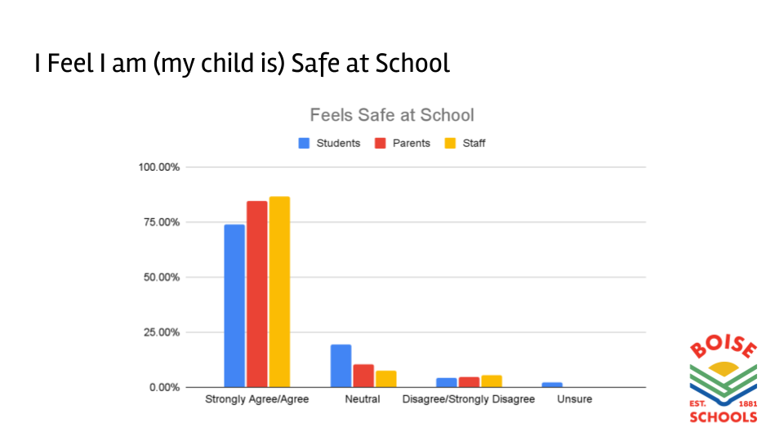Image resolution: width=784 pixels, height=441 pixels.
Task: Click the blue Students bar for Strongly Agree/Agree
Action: (234, 305)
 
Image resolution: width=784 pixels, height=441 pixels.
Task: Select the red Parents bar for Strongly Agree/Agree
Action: (257, 293)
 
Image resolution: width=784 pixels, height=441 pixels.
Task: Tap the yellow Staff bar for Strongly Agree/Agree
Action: (279, 291)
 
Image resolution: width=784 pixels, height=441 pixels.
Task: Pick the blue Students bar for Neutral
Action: (341, 365)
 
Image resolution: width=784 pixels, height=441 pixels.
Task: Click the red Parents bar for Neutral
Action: (363, 376)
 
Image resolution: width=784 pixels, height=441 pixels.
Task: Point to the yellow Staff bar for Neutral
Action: (385, 379)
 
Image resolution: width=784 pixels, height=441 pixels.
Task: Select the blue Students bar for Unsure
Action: (552, 385)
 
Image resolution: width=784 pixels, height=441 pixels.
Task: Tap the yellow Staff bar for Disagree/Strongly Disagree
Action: (492, 381)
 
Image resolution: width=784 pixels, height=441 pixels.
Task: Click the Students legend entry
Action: (330, 143)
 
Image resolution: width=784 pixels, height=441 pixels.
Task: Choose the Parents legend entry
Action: (403, 143)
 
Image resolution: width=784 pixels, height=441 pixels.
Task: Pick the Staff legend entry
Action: (465, 143)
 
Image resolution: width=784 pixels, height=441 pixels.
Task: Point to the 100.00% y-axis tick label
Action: (159, 167)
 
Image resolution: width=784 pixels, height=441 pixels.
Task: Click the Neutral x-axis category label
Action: (363, 399)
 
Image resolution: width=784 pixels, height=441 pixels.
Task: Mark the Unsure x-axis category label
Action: (574, 399)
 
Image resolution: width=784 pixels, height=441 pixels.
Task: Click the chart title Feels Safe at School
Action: (392, 115)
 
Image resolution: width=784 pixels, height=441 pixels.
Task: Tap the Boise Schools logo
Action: (723, 382)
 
